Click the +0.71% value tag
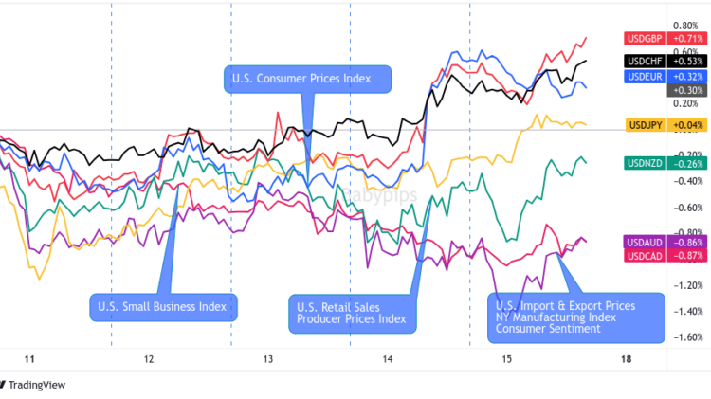click(684, 38)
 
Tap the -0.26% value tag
click(684, 163)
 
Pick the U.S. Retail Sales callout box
click(351, 313)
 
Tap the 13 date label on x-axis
click(268, 360)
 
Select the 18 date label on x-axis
click(626, 360)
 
